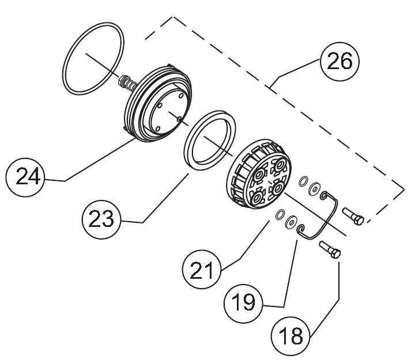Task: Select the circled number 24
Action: (x=27, y=176)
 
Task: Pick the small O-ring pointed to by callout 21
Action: (x=280, y=216)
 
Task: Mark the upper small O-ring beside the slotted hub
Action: (x=304, y=183)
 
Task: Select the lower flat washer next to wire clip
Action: (x=291, y=221)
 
